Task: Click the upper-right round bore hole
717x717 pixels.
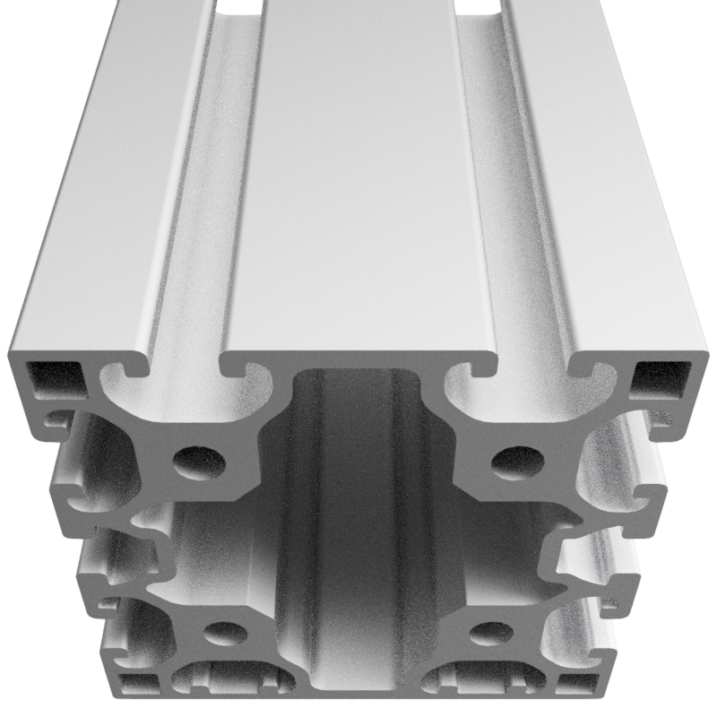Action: [518, 461]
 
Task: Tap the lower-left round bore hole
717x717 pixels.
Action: [225, 634]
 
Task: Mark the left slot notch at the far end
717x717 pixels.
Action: [239, 6]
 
